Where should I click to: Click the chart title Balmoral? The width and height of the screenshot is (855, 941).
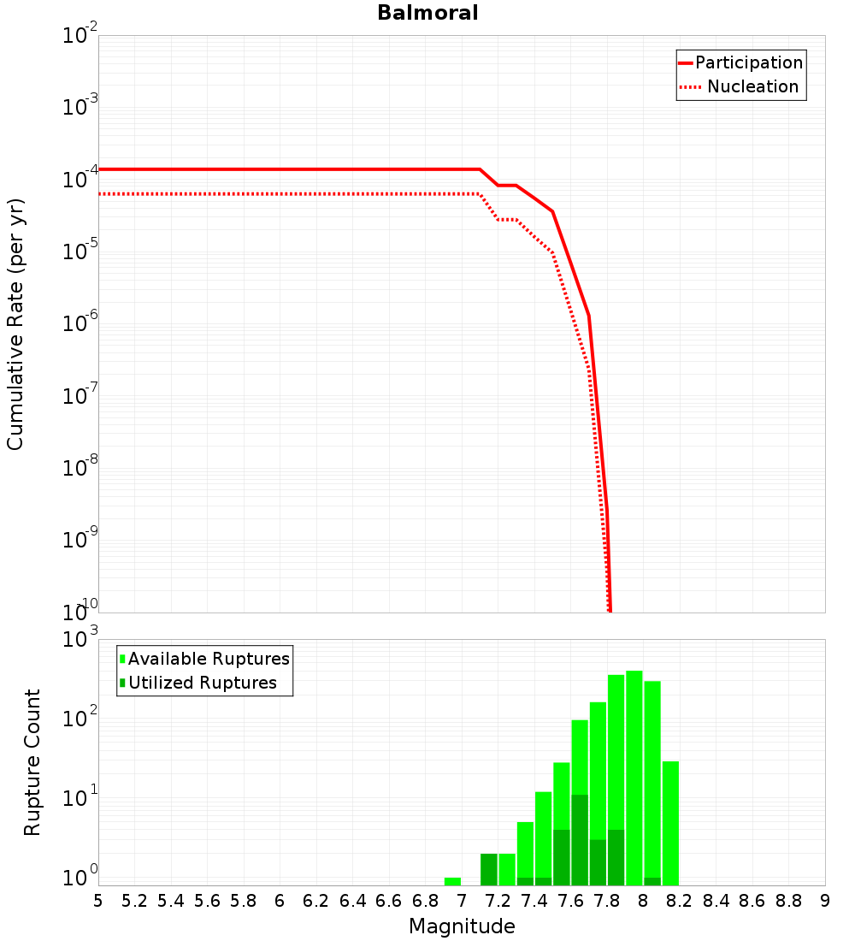pos(427,13)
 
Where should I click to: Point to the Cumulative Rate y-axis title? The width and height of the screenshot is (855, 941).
pos(16,324)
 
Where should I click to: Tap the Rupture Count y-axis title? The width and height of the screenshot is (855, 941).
pos(32,762)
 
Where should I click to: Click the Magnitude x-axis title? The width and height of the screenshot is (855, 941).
pos(462,926)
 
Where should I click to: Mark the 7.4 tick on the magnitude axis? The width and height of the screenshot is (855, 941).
pos(534,901)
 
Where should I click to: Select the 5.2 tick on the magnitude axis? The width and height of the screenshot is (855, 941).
pos(135,901)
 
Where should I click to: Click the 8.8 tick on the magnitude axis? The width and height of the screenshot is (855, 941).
pos(788,901)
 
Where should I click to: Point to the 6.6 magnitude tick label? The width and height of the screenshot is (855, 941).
pos(389,901)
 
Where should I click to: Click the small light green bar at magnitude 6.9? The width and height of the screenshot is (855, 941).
pos(452,881)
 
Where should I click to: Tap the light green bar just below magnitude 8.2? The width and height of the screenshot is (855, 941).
pos(670,821)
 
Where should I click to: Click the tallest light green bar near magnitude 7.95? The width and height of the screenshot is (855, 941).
pos(634,770)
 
